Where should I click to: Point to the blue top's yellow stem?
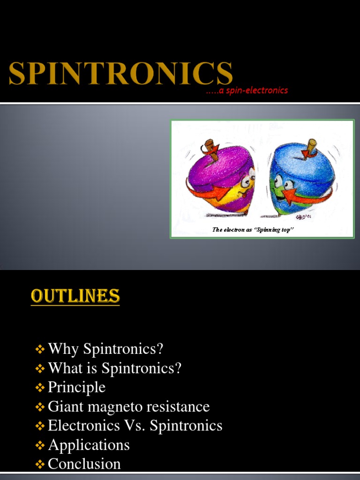[311, 146]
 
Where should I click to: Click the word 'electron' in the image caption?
[234, 230]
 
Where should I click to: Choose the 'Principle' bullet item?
[76, 387]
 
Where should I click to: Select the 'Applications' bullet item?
[89, 444]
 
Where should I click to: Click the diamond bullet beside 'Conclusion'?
[40, 464]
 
